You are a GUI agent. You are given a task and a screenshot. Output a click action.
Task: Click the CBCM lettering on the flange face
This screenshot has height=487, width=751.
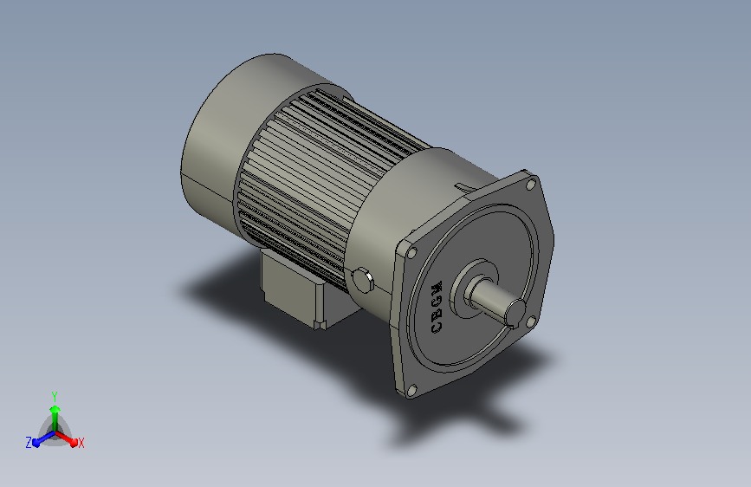point(437,308)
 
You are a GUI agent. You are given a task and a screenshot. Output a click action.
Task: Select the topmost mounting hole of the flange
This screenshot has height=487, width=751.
point(530,185)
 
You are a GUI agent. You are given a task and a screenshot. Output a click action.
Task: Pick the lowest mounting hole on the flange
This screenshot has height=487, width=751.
point(411,391)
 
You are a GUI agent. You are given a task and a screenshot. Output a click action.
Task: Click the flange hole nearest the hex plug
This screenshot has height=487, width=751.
point(411,253)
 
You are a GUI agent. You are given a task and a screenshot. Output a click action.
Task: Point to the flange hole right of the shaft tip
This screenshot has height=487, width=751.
point(531,322)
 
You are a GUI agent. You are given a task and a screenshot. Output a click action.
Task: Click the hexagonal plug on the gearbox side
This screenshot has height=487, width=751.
point(363,281)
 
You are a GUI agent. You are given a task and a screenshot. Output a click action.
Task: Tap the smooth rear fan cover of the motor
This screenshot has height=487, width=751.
point(225,144)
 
